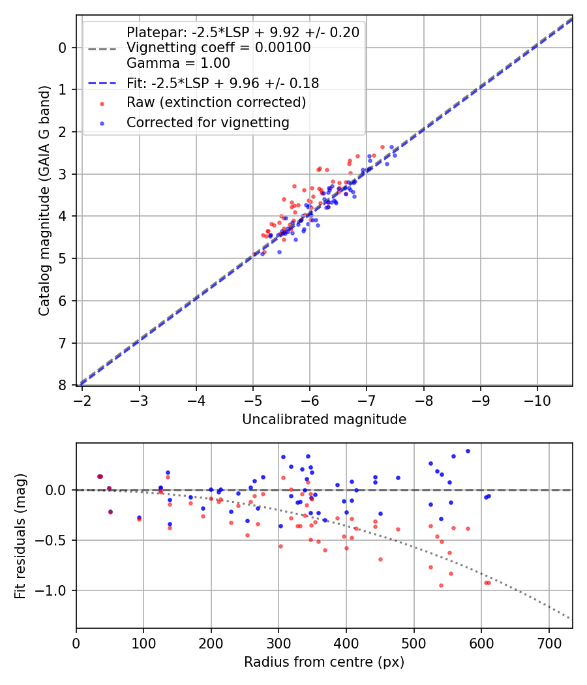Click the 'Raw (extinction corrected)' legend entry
click(x=216, y=102)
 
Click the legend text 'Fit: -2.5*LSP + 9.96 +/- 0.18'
click(x=222, y=83)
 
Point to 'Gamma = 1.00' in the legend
click(x=178, y=63)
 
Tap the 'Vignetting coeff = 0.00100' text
click(x=218, y=48)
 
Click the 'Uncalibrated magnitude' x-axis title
click(x=324, y=419)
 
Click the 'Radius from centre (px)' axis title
click(x=324, y=662)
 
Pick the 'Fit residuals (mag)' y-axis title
click(x=20, y=536)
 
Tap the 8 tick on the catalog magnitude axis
click(x=63, y=386)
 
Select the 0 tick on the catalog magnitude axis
click(x=63, y=48)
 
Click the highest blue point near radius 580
click(x=468, y=451)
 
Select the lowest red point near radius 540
click(x=441, y=585)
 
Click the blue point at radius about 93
click(x=139, y=517)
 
